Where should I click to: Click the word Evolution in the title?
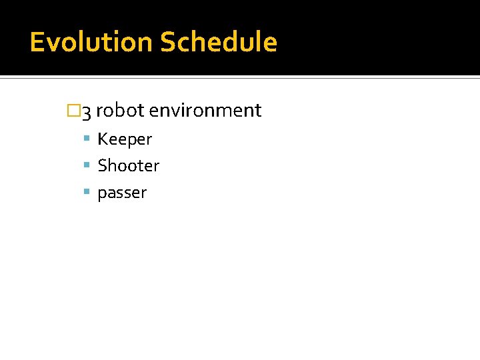91,42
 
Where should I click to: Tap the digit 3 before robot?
87,111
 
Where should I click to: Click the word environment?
205,110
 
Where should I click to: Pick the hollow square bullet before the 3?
73,111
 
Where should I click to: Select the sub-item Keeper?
125,139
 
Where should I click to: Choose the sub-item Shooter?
129,166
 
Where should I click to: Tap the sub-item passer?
122,193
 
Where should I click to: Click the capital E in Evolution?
37,42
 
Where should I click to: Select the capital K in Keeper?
103,139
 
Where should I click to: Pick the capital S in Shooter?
103,166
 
